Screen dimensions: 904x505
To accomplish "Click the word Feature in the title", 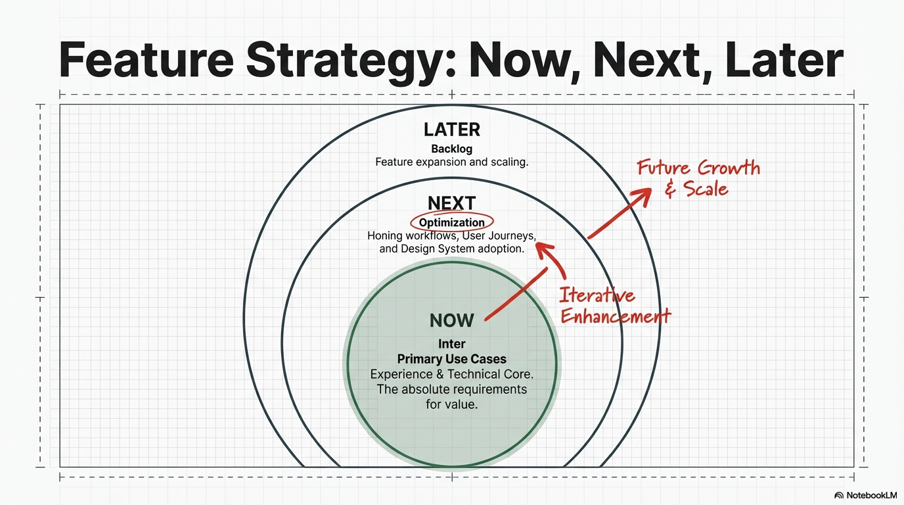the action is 147,60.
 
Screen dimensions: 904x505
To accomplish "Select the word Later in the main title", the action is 784,60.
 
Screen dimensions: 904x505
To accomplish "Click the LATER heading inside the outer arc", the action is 452,130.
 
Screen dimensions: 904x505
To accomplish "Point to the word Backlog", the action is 451,149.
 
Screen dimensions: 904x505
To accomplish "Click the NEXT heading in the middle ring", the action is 451,203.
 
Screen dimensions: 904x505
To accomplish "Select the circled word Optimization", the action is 451,222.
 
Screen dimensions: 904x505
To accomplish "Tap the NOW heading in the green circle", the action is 451,320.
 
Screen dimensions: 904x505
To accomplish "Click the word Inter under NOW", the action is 451,344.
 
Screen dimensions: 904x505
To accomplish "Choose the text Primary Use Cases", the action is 451,359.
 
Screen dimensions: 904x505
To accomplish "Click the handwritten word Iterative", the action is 597,295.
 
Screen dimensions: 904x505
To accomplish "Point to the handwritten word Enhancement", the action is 616,316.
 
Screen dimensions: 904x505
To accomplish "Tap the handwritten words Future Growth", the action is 698,168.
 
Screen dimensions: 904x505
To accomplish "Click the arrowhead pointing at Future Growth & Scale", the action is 642,196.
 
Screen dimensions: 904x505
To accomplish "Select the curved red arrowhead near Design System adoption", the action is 543,249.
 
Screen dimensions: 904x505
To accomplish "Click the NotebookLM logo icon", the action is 839,495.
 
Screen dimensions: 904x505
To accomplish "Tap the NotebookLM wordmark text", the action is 872,495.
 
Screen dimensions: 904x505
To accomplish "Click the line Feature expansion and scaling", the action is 451,162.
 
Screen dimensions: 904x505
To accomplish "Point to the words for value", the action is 451,404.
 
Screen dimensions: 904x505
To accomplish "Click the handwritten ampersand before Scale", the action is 670,189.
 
